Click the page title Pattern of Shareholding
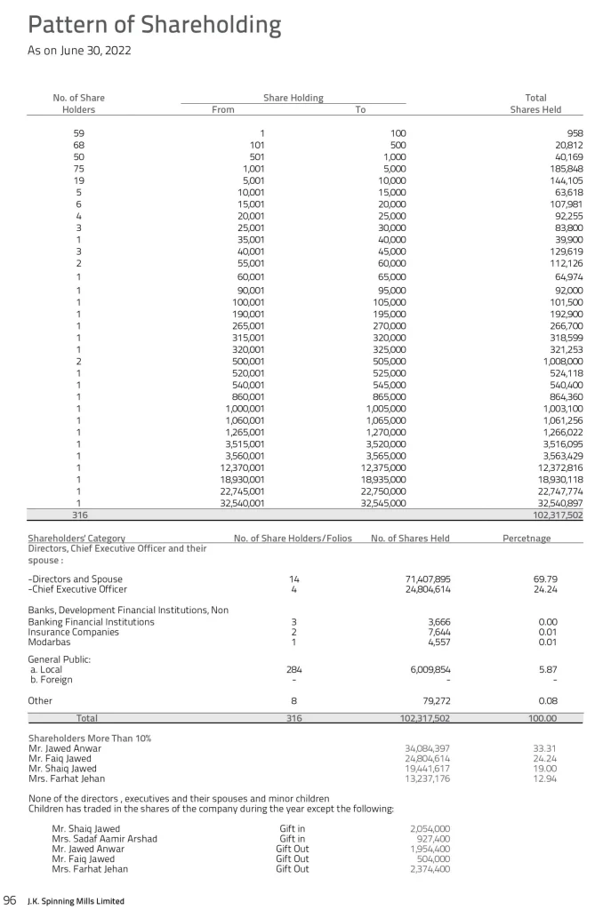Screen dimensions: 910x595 pyautogui.click(x=156, y=24)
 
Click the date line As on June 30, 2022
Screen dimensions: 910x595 pyautogui.click(x=80, y=51)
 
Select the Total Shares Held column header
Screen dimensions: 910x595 pyautogui.click(x=535, y=104)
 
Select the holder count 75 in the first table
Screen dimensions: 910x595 pyautogui.click(x=79, y=168)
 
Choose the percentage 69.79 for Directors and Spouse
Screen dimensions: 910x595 pyautogui.click(x=545, y=579)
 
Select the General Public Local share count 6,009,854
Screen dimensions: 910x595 pyautogui.click(x=425, y=670)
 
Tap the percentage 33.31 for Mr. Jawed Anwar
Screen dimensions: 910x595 pyautogui.click(x=544, y=749)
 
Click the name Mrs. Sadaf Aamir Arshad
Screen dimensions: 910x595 pyautogui.click(x=105, y=838)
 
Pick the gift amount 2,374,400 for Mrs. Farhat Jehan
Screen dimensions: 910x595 pyautogui.click(x=428, y=869)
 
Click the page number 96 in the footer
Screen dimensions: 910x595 pyautogui.click(x=12, y=900)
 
